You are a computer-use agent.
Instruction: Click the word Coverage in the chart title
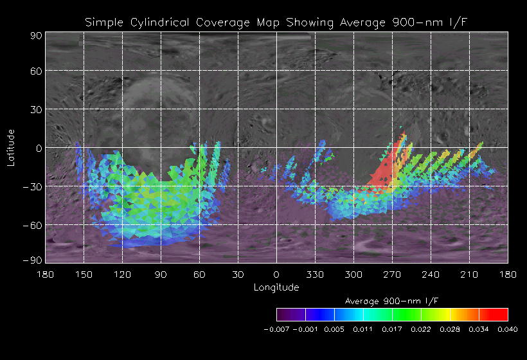click(229, 22)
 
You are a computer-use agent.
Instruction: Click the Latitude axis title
click(11, 147)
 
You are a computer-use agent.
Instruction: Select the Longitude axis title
click(276, 287)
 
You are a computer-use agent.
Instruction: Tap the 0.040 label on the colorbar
click(508, 329)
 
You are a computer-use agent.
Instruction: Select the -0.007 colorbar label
click(276, 329)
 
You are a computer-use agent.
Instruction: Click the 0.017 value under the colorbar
click(392, 329)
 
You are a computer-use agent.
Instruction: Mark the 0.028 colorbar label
click(450, 329)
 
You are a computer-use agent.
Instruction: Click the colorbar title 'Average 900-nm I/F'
click(392, 301)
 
